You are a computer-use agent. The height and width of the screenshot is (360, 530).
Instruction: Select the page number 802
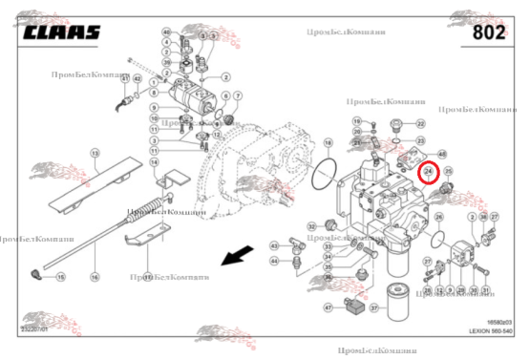click(495, 32)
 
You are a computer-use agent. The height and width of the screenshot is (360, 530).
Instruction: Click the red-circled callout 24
click(429, 172)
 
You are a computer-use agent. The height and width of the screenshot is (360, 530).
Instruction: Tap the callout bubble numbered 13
click(95, 153)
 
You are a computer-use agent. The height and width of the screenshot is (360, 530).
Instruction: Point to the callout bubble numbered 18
click(328, 143)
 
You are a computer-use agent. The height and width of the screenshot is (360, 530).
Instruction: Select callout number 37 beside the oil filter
click(375, 307)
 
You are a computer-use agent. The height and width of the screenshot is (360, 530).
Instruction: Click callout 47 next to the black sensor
click(328, 307)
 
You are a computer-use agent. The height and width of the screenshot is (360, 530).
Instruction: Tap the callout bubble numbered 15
click(60, 277)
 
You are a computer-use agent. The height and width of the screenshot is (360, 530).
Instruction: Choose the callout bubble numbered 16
click(95, 277)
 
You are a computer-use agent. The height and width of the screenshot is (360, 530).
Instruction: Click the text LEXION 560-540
click(491, 330)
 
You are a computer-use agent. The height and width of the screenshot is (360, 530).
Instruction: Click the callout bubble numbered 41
click(125, 77)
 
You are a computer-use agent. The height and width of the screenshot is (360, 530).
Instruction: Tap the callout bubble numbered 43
click(275, 245)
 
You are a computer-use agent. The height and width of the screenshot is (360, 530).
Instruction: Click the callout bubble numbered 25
click(447, 172)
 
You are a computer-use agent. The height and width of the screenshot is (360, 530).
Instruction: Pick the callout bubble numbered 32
click(311, 226)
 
